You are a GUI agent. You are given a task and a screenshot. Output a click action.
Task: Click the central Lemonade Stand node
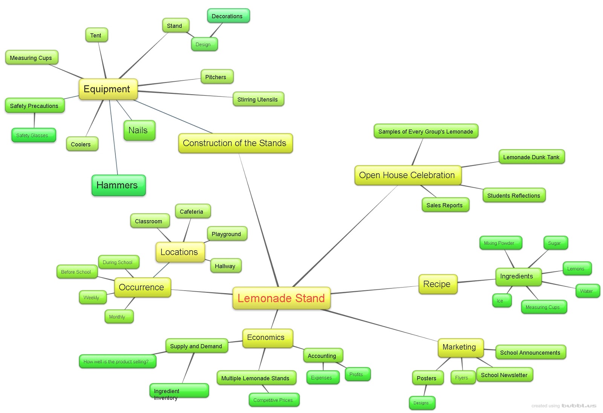point(281,298)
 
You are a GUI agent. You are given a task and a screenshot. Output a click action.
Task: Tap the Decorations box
point(228,16)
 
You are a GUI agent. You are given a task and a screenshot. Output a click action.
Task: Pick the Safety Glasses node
point(33,135)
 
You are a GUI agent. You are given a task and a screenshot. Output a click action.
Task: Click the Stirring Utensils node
point(258,99)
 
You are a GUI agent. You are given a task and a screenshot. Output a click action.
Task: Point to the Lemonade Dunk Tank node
point(531,157)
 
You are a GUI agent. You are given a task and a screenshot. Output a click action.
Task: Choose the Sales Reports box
point(445,205)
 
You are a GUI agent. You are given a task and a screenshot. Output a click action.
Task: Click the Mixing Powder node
point(500,243)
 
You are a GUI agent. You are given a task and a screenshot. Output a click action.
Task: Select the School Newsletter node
point(504,375)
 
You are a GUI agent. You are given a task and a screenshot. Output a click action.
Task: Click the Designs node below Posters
point(421,403)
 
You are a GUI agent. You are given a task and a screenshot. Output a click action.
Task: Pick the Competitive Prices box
point(274,400)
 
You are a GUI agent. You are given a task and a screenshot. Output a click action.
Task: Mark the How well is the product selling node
point(117,361)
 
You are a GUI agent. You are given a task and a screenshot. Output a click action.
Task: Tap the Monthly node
point(118,317)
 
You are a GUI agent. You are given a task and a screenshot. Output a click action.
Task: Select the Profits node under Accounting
point(357,374)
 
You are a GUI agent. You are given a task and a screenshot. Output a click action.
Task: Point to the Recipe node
point(437,284)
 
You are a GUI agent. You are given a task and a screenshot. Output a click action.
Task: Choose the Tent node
point(96,35)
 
